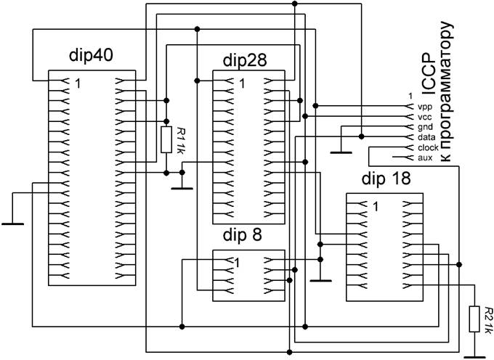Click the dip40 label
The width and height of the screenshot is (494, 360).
pos(91,56)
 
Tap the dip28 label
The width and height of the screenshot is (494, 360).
pos(245,60)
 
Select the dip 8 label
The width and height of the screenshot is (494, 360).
pos(242,235)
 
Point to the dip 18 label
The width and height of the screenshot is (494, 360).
pos(386,179)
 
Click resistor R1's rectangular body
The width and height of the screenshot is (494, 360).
pos(166,140)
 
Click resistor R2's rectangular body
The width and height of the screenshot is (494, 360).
pos(474,319)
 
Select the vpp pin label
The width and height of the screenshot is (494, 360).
pos(425,107)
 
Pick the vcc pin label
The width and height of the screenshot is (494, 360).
pos(425,118)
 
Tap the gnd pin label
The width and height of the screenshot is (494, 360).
pos(425,128)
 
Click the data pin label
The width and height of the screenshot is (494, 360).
pos(426,137)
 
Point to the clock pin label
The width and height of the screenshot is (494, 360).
pos(428,147)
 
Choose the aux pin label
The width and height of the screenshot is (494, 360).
pos(425,157)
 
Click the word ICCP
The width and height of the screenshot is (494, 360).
pos(429,74)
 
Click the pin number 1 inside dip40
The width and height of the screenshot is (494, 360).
pos(78,83)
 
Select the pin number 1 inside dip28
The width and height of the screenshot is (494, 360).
pos(242,83)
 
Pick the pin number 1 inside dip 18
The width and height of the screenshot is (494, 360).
pos(376,206)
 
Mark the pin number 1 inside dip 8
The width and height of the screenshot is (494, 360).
pos(238,262)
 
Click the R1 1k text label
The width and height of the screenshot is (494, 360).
pos(180,140)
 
